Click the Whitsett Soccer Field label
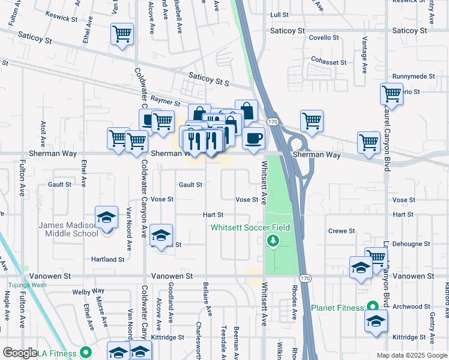pos(250,227)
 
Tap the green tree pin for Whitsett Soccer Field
pos(273,241)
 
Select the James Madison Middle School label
pos(68,229)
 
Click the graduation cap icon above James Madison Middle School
pos(106,217)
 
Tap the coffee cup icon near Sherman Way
pos(253,137)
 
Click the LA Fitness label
pos(59,352)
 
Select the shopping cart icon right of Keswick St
pos(122,34)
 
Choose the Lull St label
pos(280,14)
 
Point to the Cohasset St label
pos(328,62)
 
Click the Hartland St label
pos(107,260)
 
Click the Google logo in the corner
pos(20,353)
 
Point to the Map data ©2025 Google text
pos(411,355)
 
